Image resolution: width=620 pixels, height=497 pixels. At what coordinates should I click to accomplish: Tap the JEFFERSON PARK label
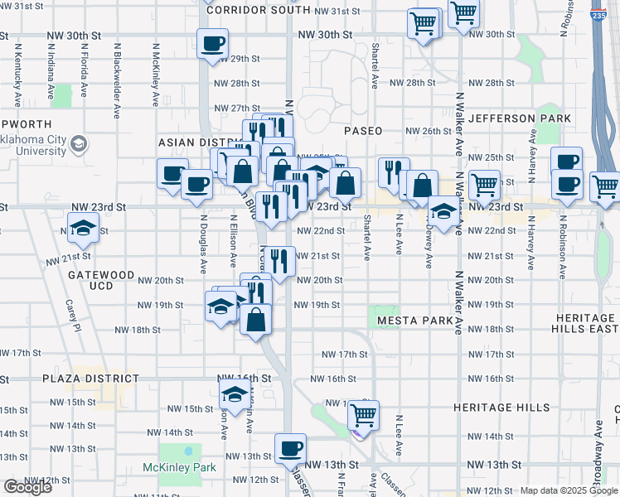point(519,118)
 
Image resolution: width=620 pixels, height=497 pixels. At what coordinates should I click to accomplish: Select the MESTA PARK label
point(414,320)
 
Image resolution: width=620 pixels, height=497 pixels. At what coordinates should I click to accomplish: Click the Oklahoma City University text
point(35,146)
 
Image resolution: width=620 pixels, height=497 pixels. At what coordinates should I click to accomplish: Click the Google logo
point(28,487)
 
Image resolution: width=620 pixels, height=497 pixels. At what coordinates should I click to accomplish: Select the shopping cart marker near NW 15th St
point(363,414)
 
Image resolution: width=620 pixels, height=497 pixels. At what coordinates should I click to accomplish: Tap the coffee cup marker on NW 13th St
point(290,449)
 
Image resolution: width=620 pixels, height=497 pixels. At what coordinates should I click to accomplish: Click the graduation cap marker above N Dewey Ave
point(443,214)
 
